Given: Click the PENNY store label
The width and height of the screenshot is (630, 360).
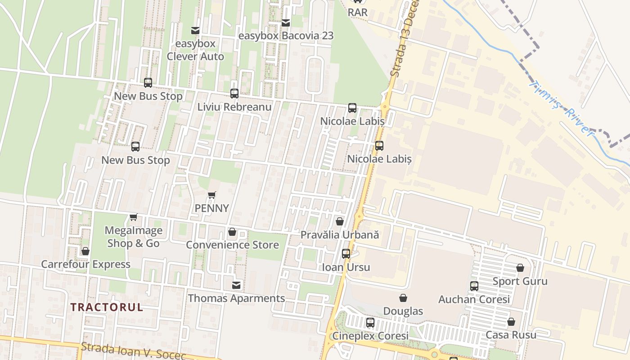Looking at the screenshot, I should tap(211, 208).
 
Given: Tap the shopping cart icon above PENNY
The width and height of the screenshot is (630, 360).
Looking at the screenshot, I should tap(212, 195).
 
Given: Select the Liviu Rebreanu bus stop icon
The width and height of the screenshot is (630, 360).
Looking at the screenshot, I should tap(234, 94).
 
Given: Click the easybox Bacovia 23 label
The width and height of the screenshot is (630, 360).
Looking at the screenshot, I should tap(286, 36).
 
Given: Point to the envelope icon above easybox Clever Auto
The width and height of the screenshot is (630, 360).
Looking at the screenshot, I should tap(195, 31).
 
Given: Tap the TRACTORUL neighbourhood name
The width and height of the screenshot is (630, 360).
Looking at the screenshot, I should tap(107, 307).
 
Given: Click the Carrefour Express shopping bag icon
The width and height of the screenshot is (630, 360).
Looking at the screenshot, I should tap(85, 251).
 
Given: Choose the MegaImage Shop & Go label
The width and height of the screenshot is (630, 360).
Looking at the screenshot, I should tap(133, 237).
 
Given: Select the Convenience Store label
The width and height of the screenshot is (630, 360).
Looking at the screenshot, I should tap(232, 245).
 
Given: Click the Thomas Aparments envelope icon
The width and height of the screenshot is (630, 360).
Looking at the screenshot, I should tap(236, 285).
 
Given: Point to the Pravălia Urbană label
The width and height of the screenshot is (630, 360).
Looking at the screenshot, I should tap(340, 234).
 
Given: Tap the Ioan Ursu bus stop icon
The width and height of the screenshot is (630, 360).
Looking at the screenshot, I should tap(346, 254).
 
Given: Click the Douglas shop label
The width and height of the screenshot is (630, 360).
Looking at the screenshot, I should tap(403, 311).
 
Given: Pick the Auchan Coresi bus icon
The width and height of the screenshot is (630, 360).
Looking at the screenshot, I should tap(474, 286).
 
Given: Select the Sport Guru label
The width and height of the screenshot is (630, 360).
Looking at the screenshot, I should tap(520, 281).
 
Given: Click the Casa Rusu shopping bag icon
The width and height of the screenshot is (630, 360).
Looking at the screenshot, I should tap(511, 322).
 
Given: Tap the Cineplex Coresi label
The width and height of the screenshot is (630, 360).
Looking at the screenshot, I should tap(370, 336).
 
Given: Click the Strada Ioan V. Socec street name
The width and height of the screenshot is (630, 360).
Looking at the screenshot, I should tap(134, 351).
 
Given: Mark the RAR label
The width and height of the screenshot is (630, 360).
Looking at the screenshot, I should tap(358, 12).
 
